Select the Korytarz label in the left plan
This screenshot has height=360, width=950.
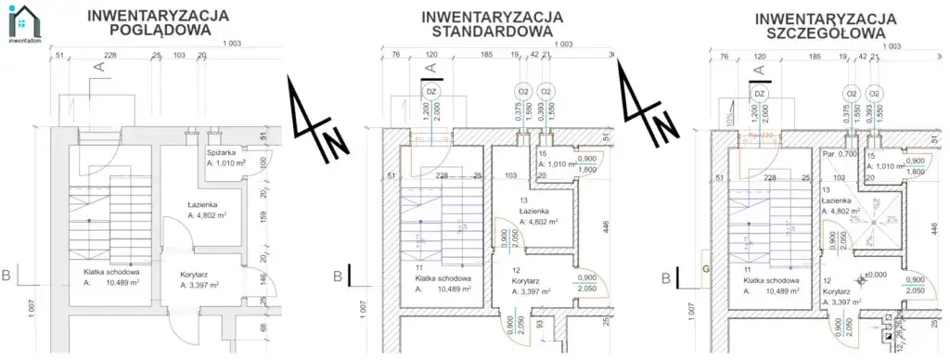(188, 275)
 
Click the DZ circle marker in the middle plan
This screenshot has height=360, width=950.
(430, 93)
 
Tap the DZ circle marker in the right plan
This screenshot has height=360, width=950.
(759, 94)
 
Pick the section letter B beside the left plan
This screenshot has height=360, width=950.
(6, 276)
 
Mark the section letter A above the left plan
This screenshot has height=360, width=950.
(96, 67)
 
